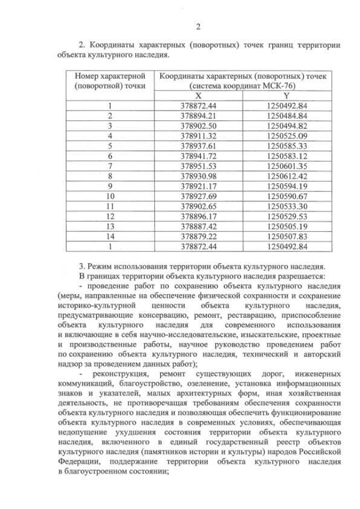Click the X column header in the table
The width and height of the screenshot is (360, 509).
(198, 96)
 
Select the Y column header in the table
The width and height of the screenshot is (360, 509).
(286, 96)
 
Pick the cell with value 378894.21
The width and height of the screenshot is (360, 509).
(198, 116)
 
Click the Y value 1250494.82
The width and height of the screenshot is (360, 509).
(286, 125)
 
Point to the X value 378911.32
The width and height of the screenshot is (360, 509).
(198, 136)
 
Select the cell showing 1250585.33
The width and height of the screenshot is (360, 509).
(286, 145)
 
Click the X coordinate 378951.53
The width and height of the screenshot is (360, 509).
(198, 165)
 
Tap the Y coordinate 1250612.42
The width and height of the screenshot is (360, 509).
(286, 175)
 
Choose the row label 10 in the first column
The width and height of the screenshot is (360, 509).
(110, 195)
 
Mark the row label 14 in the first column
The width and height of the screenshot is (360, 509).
(110, 235)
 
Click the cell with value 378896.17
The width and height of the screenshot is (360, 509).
(198, 215)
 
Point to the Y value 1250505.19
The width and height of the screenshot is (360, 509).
(286, 226)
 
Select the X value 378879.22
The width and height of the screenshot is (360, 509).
(198, 235)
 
